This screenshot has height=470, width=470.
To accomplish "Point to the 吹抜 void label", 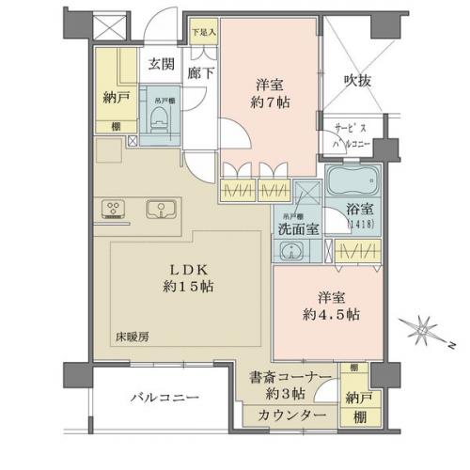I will click(x=357, y=80).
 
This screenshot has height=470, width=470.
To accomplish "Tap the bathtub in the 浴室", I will click(x=352, y=182).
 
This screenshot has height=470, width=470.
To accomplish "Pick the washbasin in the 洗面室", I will click(x=290, y=251).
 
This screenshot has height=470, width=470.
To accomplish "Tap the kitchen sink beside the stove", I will click(x=160, y=208).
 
